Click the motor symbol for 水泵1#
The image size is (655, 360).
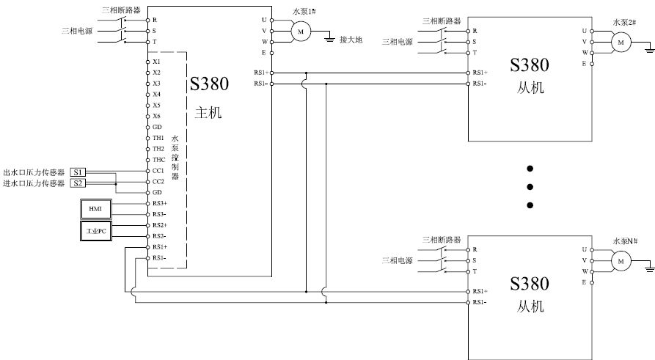point(300,31)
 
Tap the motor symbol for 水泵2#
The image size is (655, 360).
point(621,43)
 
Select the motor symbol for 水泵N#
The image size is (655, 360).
point(621,260)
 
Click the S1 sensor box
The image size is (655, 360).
point(78,172)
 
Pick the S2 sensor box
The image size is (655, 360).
point(78,183)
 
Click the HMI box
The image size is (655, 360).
point(95,209)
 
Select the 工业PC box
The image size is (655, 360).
point(95,232)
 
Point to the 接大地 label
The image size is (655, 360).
point(351,40)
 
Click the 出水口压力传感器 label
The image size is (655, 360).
point(34,172)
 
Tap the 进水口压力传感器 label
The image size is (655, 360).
point(34,183)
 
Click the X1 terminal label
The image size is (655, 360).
point(157,62)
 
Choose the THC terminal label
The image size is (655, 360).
point(158,160)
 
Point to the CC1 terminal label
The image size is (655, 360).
point(158,171)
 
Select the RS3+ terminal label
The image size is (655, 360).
point(159,203)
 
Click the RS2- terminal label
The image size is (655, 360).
point(159,236)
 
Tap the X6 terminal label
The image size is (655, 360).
point(157,117)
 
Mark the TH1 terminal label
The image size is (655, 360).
point(158,138)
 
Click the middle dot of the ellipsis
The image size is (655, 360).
point(530,186)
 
